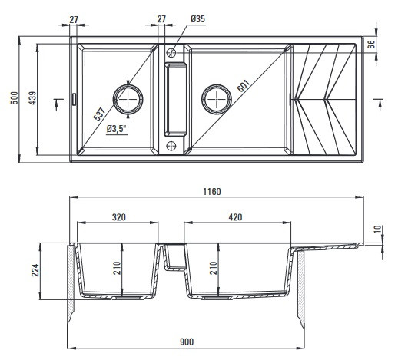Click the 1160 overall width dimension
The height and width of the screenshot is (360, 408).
pyautogui.click(x=212, y=192)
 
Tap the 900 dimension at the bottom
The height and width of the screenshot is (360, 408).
pyautogui.click(x=187, y=342)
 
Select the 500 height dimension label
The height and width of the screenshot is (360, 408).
pyautogui.click(x=15, y=98)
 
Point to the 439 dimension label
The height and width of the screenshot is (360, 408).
pyautogui.click(x=32, y=98)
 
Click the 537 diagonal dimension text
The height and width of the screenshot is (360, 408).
pyautogui.click(x=99, y=114)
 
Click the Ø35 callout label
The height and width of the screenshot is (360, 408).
pyautogui.click(x=197, y=19)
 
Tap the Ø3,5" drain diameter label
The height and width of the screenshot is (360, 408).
pyautogui.click(x=117, y=129)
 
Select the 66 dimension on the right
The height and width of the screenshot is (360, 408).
pyautogui.click(x=372, y=44)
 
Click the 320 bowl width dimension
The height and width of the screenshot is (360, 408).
pyautogui.click(x=119, y=217)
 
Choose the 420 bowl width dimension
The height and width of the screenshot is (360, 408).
pyautogui.click(x=235, y=217)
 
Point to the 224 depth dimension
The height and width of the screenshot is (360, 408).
pyautogui.click(x=35, y=270)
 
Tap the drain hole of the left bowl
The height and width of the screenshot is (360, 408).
pyautogui.click(x=128, y=99)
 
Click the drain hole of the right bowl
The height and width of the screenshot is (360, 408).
pyautogui.click(x=217, y=99)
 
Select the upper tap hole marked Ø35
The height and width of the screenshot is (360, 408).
pyautogui.click(x=171, y=53)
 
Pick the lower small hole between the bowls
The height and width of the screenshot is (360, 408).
pyautogui.click(x=171, y=146)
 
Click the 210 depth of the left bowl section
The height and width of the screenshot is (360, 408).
pyautogui.click(x=117, y=268)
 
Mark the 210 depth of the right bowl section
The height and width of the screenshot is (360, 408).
pyautogui.click(x=213, y=268)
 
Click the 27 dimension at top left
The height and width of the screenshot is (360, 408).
pyautogui.click(x=74, y=19)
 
